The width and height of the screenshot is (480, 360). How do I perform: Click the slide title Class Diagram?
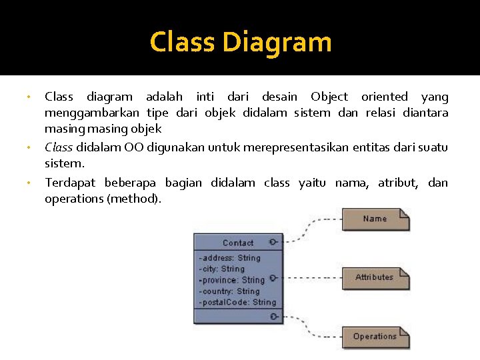coord(240,42)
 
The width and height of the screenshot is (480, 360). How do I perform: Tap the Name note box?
coord(375,219)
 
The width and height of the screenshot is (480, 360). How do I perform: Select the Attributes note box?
coord(375,277)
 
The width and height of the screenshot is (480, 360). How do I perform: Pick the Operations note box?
coord(375,337)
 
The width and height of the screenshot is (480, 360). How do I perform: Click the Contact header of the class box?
coord(238,243)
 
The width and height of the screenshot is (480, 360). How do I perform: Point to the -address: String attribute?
coord(230,258)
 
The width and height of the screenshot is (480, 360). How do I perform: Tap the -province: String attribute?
coord(232,280)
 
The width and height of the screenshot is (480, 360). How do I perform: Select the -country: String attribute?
coord(229,291)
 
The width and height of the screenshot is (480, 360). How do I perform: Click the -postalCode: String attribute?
coord(237,302)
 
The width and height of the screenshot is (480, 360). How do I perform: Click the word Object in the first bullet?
coord(329,97)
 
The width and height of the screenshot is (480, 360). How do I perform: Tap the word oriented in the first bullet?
coord(383,97)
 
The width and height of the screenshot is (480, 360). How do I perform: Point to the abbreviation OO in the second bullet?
coord(133,147)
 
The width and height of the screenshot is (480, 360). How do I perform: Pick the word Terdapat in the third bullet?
coord(69,183)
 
